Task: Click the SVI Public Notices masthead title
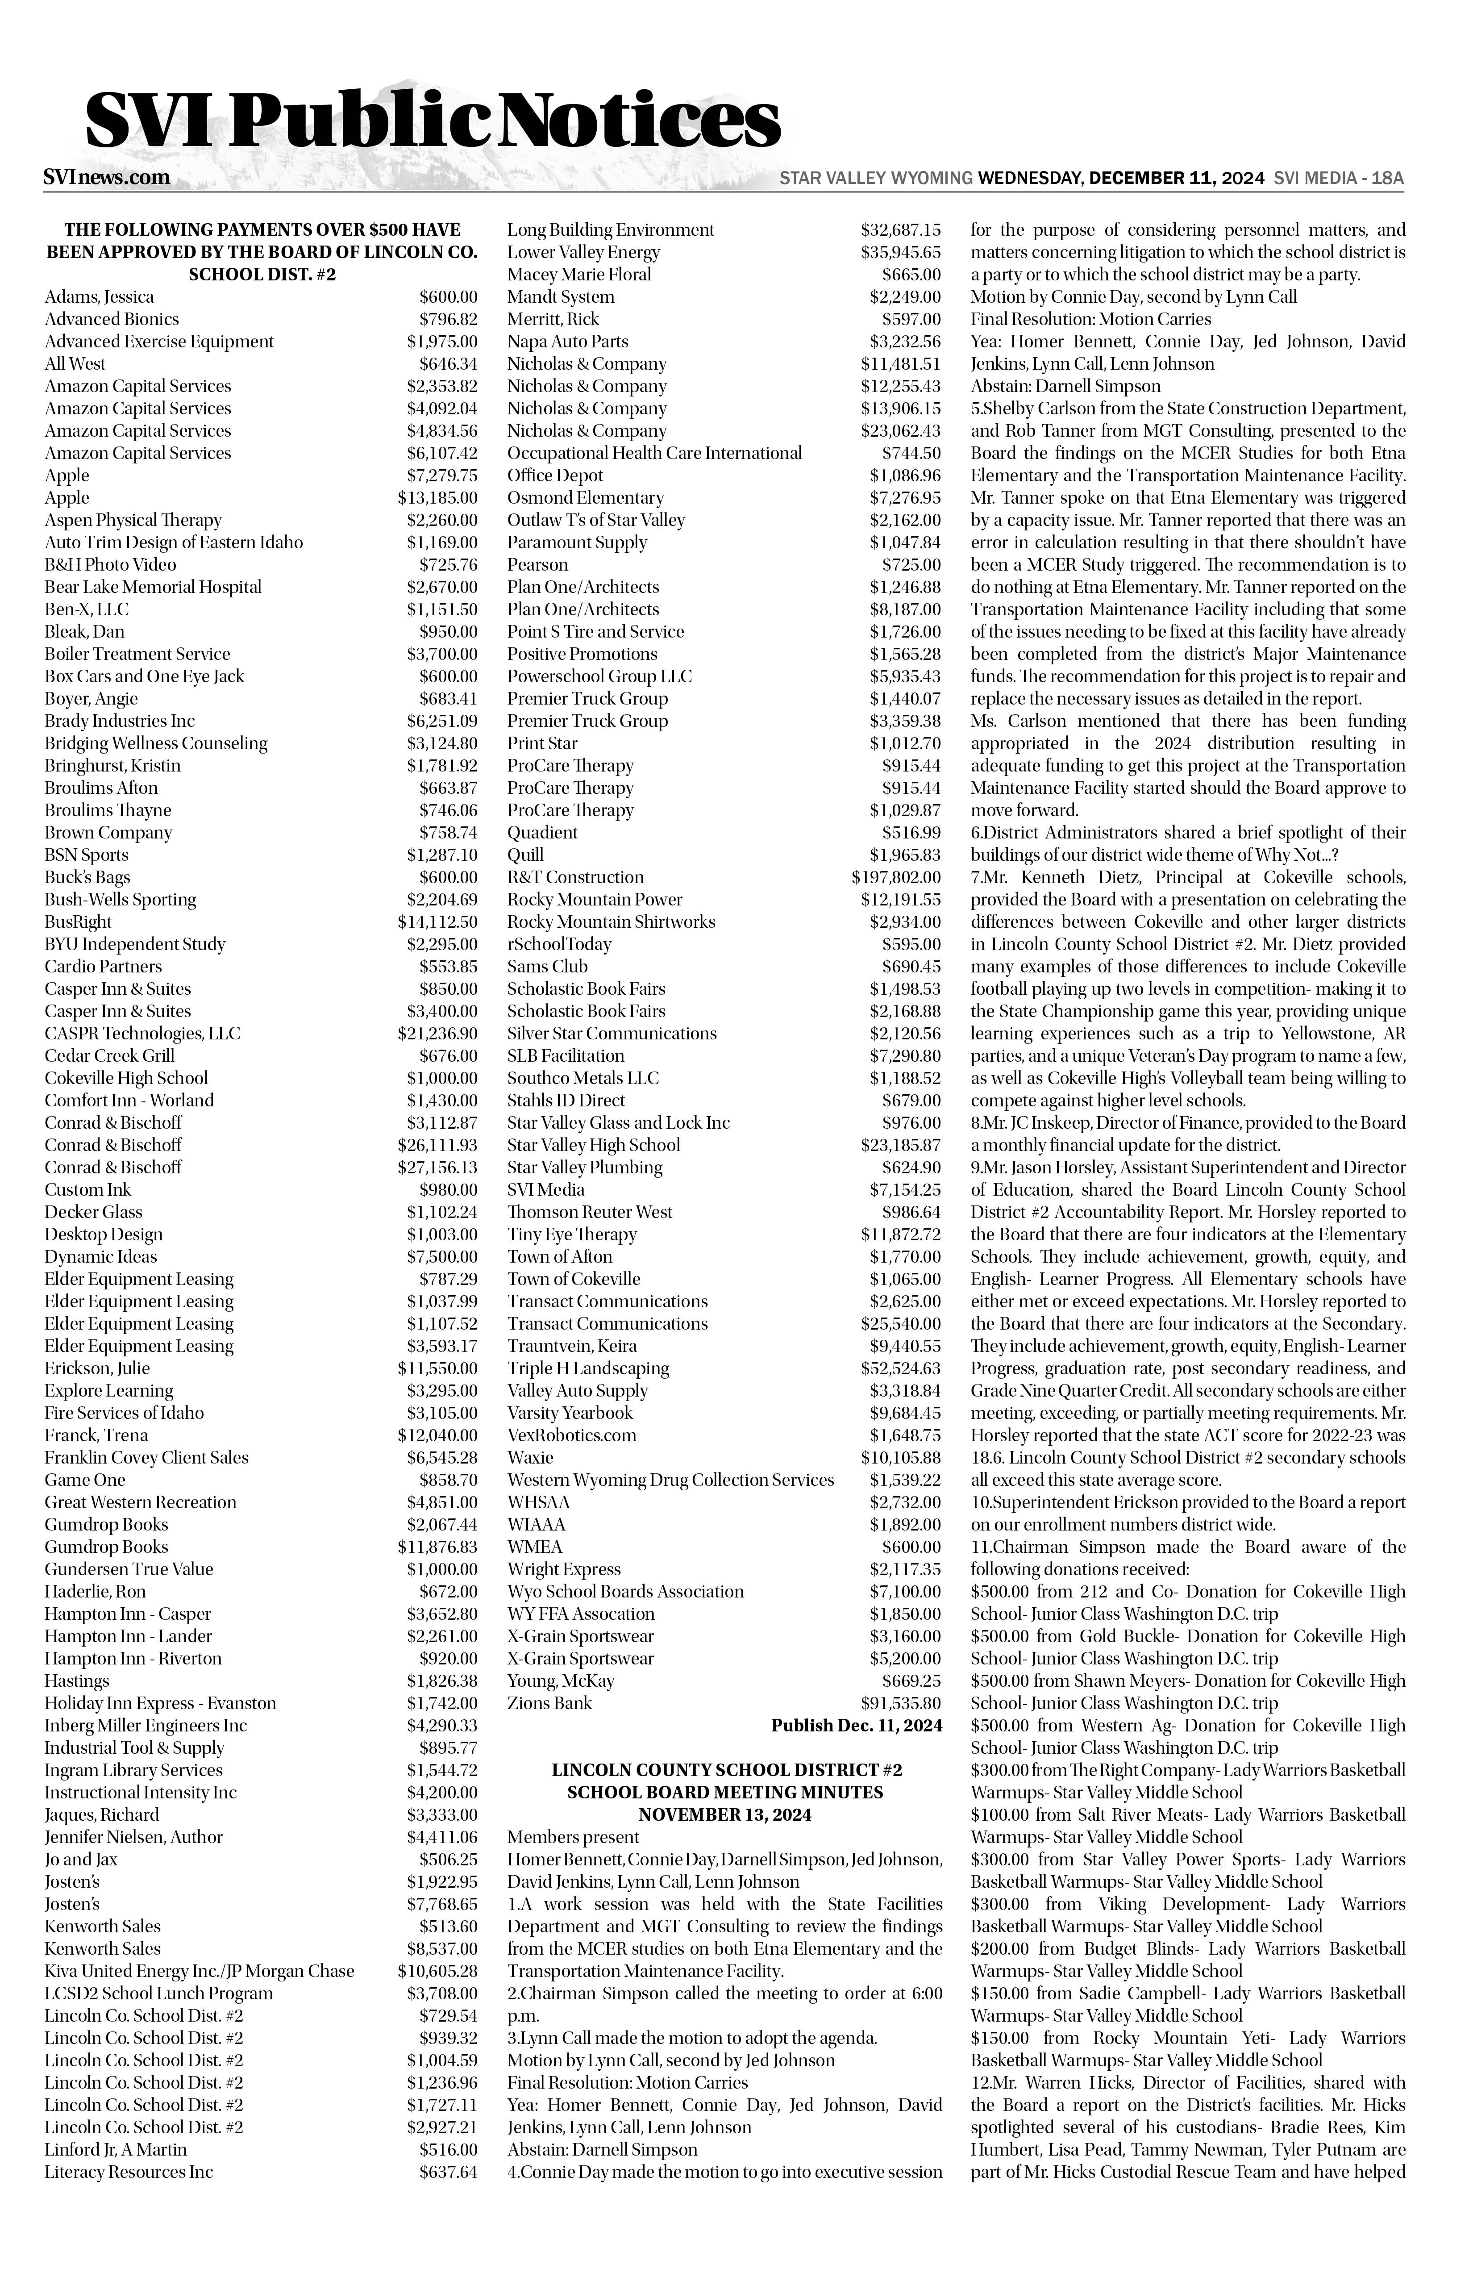click(x=433, y=121)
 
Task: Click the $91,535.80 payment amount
click(x=900, y=1703)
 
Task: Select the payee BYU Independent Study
click(x=135, y=944)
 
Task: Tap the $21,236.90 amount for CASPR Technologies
click(x=437, y=1033)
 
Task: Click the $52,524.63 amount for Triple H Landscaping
click(x=900, y=1368)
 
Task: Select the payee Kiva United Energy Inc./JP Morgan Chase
click(x=199, y=1971)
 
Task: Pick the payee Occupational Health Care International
click(x=654, y=453)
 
